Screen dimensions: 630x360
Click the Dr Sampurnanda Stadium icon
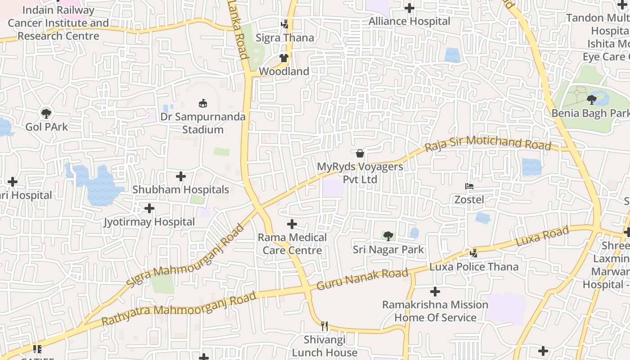click(x=203, y=103)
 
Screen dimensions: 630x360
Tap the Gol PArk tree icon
click(x=46, y=113)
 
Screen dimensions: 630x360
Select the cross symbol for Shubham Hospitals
click(x=181, y=176)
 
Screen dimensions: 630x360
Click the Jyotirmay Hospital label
click(x=149, y=222)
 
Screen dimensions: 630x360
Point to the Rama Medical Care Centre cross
click(x=292, y=224)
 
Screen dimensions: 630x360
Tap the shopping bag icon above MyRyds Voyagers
click(x=360, y=153)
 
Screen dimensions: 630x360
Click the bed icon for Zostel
click(x=469, y=186)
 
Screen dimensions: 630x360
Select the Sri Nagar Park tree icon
click(x=388, y=236)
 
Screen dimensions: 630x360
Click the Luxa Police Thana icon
click(x=473, y=253)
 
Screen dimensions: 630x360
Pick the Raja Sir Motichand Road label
click(x=488, y=143)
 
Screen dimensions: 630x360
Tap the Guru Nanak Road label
click(x=362, y=279)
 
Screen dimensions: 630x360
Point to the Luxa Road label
click(x=542, y=236)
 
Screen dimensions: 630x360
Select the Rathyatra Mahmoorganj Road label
click(x=179, y=309)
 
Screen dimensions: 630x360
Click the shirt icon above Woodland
click(x=284, y=58)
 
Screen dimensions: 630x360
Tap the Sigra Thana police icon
click(x=284, y=24)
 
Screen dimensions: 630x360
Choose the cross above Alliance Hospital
click(x=409, y=8)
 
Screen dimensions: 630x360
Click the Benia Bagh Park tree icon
click(x=592, y=100)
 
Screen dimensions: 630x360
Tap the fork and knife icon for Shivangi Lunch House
click(x=324, y=326)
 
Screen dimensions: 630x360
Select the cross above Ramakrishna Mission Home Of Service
click(x=435, y=292)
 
